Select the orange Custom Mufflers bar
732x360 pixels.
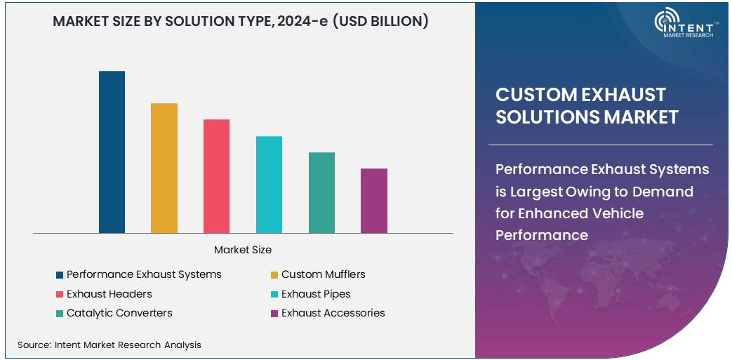point(164,168)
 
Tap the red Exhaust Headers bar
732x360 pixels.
point(216,176)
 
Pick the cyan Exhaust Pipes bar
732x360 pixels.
point(269,185)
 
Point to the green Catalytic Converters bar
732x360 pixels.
point(321,192)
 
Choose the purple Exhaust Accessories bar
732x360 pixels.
point(374,201)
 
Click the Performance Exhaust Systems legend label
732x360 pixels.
point(144,274)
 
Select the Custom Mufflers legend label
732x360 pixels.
point(323,274)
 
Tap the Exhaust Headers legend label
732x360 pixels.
point(109,294)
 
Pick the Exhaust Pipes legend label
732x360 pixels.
point(316,294)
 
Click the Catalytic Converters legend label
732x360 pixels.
point(119,313)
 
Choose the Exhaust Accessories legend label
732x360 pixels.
point(333,313)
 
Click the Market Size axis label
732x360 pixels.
point(243,250)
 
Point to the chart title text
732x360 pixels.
point(241,21)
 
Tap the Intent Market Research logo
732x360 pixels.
point(684,24)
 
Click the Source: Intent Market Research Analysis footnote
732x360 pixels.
point(109,345)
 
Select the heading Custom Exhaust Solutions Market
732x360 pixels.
point(587,105)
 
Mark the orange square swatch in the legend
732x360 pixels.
point(274,274)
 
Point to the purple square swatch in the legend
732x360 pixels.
point(274,314)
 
